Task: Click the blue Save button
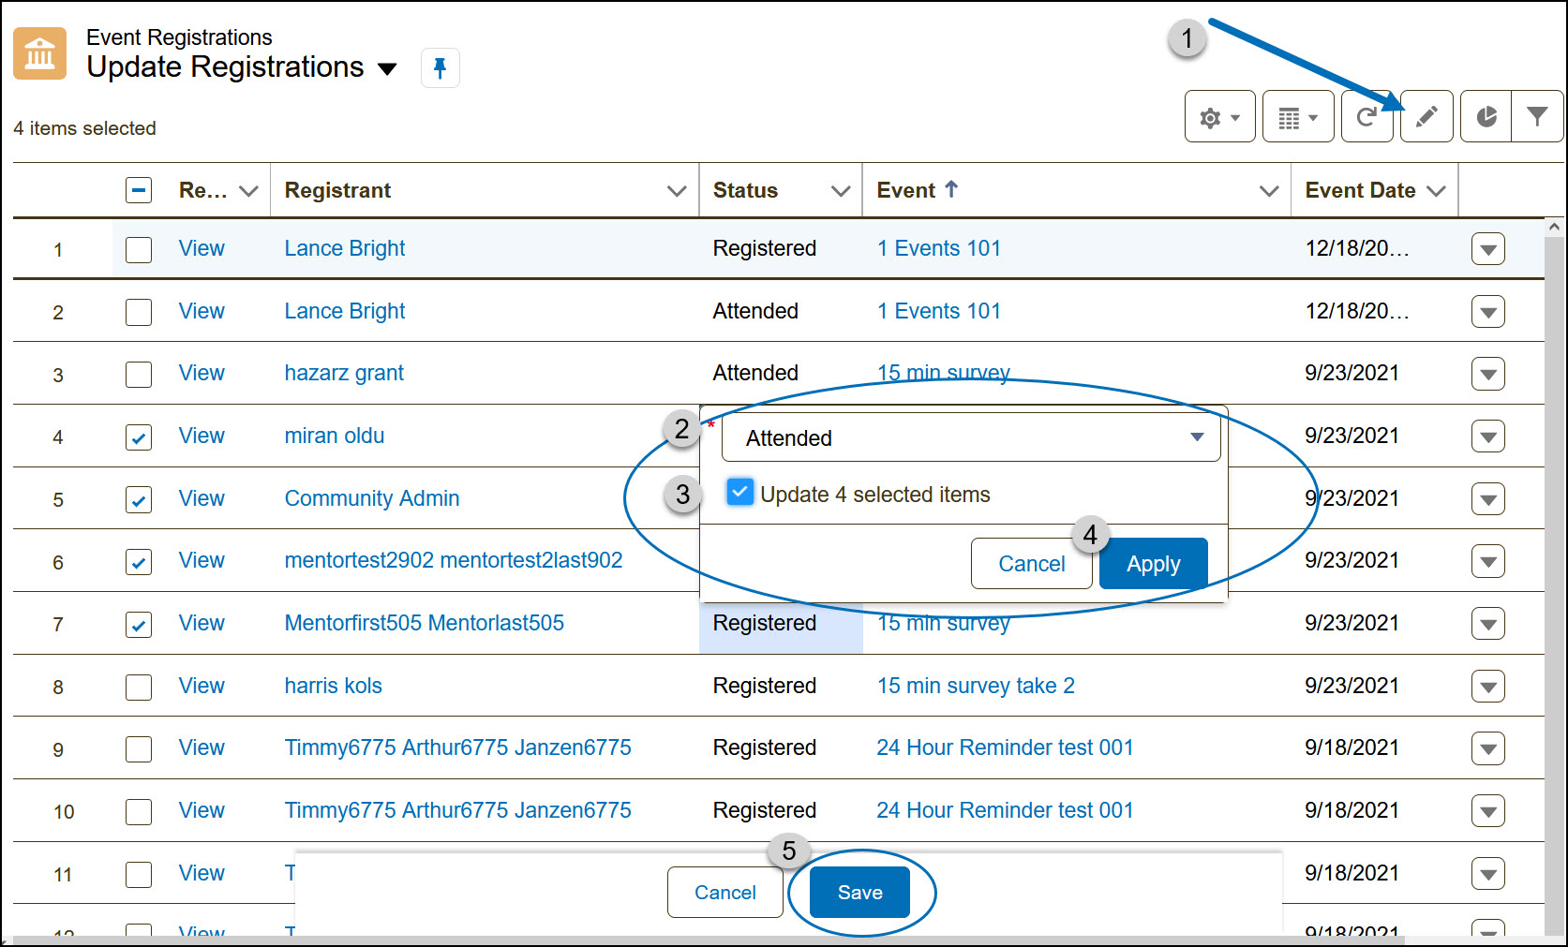859,893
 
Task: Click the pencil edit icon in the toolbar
1426,117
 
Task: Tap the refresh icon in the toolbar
1366,117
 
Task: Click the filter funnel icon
1537,116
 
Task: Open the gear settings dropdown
1219,117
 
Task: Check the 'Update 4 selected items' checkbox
740,493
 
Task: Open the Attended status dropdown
971,437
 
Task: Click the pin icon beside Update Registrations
440,67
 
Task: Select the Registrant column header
337,190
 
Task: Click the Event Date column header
1360,190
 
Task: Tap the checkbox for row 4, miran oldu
139,437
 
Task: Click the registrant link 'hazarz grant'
344,373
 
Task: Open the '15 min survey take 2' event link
976,686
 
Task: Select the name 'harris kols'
333,686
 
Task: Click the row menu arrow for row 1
1487,249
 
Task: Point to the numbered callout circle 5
788,851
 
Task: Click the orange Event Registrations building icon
39,53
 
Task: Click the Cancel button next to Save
724,893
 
